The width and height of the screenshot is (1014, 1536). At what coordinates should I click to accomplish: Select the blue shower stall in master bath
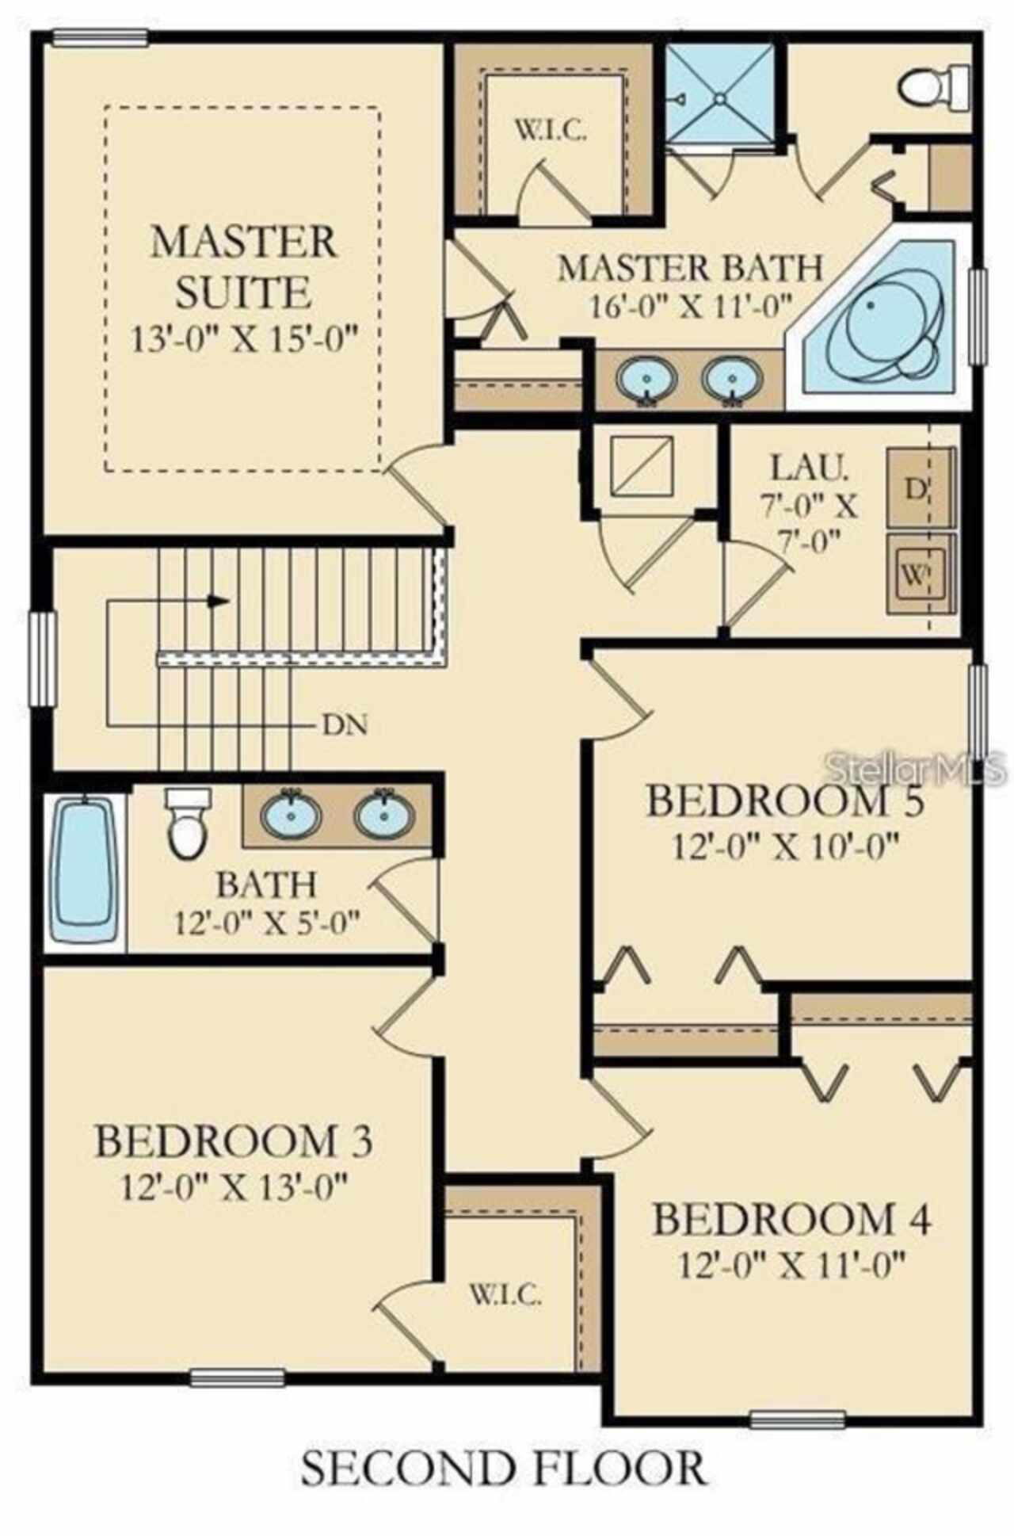[719, 98]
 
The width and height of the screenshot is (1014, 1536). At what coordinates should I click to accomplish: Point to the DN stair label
[345, 724]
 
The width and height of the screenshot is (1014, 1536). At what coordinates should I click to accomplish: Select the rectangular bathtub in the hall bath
[83, 872]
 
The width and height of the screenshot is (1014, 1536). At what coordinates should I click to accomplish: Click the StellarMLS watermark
[917, 767]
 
